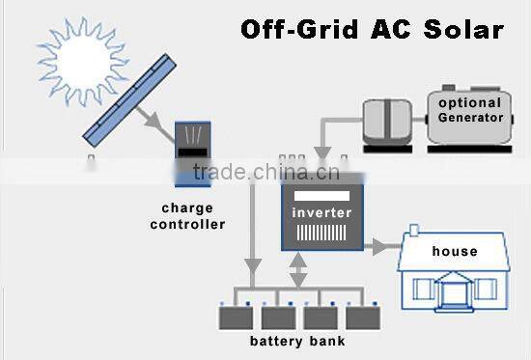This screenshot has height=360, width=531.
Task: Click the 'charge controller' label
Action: pos(194,216)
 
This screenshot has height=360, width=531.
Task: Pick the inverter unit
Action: pos(322,212)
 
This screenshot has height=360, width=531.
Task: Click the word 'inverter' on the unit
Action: pos(322,212)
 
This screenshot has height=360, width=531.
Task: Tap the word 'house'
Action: pos(455,252)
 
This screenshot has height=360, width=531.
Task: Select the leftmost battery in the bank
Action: pos(234,316)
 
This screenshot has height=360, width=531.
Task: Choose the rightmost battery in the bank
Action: pos(363,316)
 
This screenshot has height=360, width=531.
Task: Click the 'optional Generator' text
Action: pos(469,111)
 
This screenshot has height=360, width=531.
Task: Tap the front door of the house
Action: pos(454,289)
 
